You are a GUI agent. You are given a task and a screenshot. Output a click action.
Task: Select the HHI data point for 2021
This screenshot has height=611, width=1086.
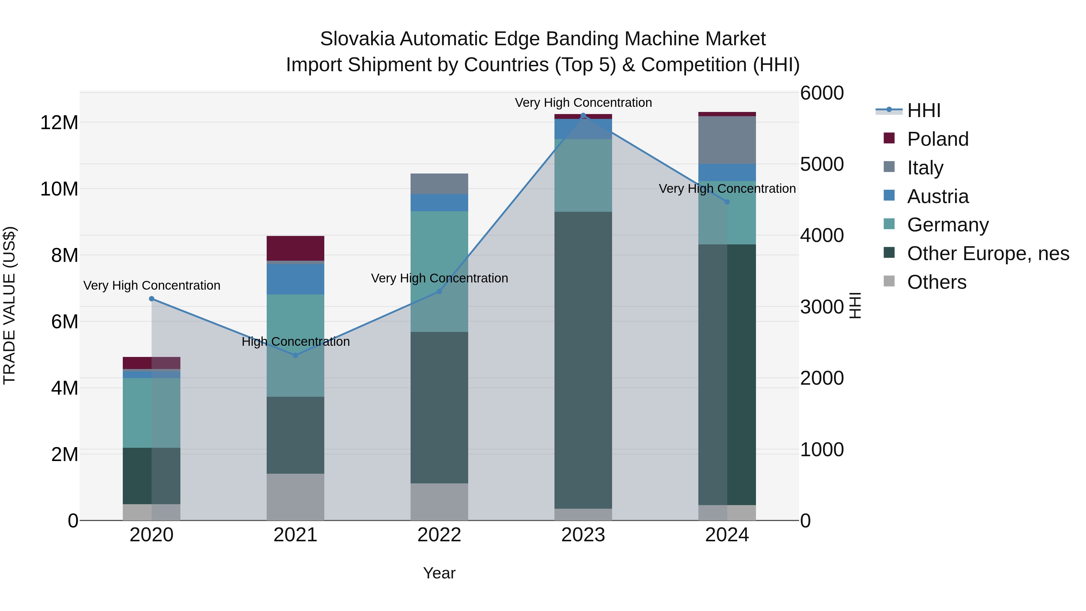click(296, 355)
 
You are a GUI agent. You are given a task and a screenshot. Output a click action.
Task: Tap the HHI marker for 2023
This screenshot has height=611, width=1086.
click(583, 116)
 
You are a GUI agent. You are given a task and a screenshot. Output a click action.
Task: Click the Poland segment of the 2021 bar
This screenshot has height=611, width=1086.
click(296, 248)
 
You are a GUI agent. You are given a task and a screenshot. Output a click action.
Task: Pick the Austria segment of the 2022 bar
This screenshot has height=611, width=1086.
click(439, 203)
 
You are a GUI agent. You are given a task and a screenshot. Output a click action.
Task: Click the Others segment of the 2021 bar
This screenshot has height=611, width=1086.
click(296, 497)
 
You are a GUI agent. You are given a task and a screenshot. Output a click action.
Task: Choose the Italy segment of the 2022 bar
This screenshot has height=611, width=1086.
click(439, 184)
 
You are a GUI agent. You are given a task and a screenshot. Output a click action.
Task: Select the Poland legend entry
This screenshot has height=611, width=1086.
click(938, 139)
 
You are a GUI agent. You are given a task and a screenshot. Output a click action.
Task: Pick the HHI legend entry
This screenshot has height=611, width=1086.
click(923, 110)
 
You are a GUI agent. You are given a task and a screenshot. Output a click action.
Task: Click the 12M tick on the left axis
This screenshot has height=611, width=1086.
click(59, 123)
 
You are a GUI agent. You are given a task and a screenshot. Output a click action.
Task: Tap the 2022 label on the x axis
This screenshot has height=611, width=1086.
click(439, 535)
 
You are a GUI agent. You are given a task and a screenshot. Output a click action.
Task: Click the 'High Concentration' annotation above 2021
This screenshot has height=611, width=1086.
click(296, 342)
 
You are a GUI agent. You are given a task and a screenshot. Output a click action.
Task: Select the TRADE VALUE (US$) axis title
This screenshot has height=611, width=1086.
click(9, 305)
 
